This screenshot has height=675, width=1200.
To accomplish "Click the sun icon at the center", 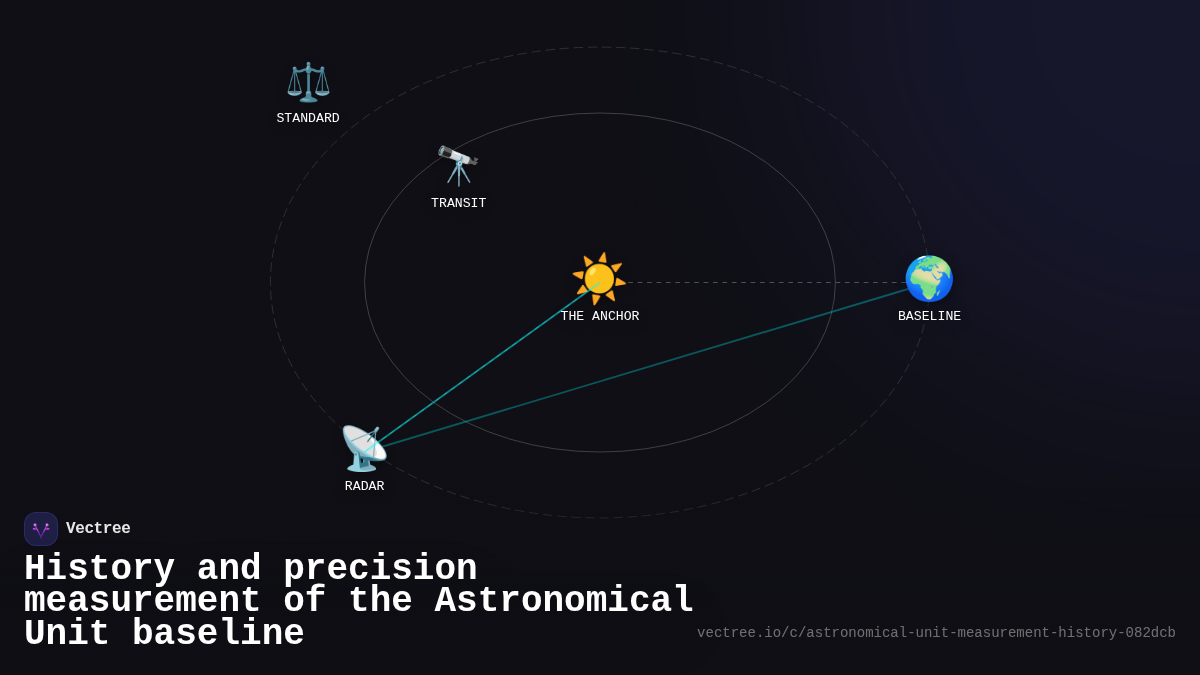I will pos(599,279).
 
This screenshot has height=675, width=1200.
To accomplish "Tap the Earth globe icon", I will pos(929,279).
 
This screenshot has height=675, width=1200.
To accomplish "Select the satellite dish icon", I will pos(363,448).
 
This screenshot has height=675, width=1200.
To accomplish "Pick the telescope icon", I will pos(458,165).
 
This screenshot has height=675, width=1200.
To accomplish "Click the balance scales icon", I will pos(308,82).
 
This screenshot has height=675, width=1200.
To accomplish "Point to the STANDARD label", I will pos(308,119).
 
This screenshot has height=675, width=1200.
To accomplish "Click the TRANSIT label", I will pos(458,204).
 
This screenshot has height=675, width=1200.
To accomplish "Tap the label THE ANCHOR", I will pos(599,317).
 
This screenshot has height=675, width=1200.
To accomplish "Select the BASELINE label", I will pos(929,317).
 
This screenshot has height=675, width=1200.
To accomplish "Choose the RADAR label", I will pos(364,487).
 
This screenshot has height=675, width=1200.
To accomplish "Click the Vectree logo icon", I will pos(41,529).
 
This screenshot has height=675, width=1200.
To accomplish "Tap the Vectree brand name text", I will pos(98,529).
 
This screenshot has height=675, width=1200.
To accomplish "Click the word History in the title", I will pos(99,569).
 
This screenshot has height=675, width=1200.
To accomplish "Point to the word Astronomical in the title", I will pos(564,601).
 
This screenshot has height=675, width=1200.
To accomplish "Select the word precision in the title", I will pos(380,569).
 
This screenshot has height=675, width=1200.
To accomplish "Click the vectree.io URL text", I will pos(936,633).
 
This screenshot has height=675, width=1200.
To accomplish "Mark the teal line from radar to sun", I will pos(480,366).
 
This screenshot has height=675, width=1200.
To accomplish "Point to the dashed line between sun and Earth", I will pos(765,283).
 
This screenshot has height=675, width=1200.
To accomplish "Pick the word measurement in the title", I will pos(142,601).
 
